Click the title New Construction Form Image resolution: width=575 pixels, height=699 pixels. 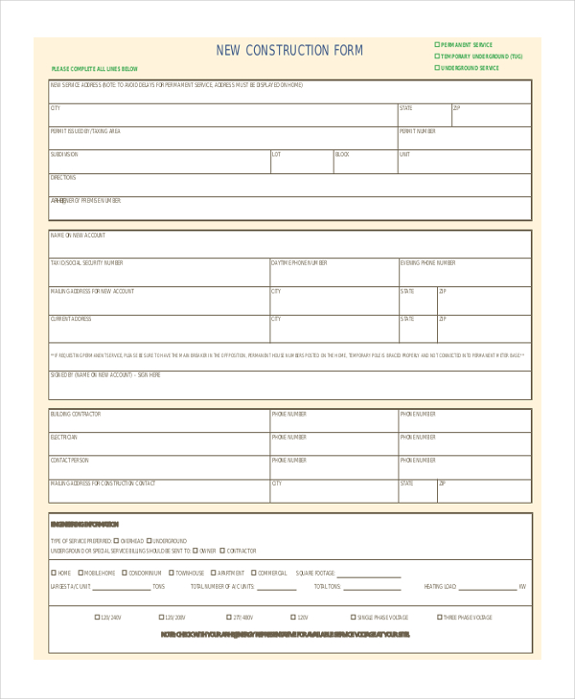pos(289,51)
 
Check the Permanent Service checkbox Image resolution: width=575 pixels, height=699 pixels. pos(437,45)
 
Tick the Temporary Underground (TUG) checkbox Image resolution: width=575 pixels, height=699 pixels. pos(437,56)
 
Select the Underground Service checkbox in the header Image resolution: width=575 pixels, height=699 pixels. pos(437,68)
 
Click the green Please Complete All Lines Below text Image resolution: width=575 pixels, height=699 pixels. pos(95,69)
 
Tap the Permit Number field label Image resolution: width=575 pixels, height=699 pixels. pos(418,131)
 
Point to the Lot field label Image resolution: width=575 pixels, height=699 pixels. pos(276,154)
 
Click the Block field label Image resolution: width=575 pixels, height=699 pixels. pos(342,154)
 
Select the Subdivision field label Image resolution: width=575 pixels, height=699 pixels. pos(64,154)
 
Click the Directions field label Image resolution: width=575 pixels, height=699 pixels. pos(62,177)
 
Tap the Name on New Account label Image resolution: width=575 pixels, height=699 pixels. pos(78,235)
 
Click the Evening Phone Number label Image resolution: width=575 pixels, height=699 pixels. pos(427,262)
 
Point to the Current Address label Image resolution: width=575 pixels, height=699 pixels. pos(71,319)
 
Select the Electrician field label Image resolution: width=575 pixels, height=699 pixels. pos(63,437)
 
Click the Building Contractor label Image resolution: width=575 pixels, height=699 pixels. pos(75,414)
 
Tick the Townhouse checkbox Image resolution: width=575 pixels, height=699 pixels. pos(171,573)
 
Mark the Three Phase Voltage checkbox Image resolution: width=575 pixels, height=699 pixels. pos(439,618)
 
